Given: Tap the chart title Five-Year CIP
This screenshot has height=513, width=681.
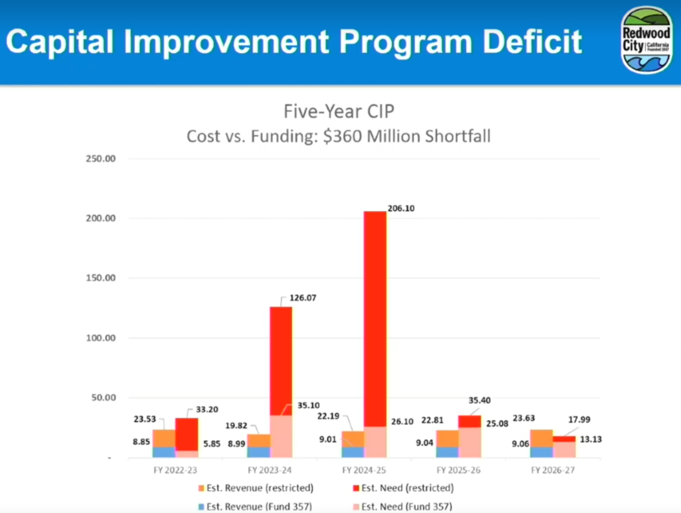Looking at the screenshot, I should point(339,112).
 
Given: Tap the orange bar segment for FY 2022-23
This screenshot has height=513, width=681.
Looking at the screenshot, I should point(164,438).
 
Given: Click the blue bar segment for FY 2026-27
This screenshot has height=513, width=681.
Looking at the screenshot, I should point(541,452).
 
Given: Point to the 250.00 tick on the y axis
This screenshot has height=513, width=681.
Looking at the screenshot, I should point(100,158).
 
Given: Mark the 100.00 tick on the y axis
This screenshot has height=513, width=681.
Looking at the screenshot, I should point(100,338).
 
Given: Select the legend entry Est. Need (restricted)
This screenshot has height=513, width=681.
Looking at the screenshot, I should point(407,488).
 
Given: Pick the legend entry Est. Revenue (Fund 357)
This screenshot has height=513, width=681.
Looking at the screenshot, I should point(260,506).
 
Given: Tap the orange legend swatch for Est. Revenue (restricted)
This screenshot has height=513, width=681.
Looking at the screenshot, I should point(201,488).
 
